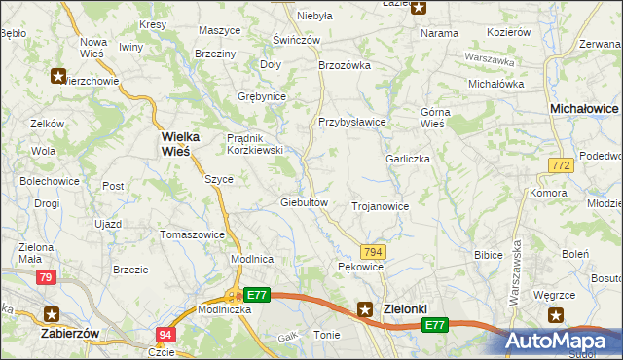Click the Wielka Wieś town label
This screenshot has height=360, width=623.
click(175, 143)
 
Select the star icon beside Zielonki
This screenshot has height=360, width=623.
click(365, 309)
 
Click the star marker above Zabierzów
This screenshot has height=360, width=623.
click(53, 313)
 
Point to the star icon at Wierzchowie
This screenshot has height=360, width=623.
click(58, 75)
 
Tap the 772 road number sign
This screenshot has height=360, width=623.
click(560, 167)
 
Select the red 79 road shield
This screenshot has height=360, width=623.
click(46, 278)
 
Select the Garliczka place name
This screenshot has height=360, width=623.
click(408, 159)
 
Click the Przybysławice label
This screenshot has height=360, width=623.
click(352, 122)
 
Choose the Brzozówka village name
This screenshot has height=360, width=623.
click(346, 65)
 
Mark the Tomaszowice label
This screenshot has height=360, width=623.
click(193, 234)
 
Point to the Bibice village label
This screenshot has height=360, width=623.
click(488, 255)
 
